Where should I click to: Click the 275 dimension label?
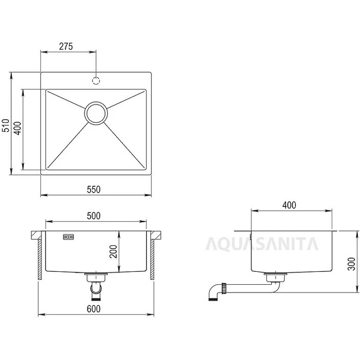coord(66,46)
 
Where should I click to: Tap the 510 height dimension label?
coord(5,125)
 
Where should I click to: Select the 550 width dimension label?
coord(94,190)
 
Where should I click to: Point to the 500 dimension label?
coord(94,216)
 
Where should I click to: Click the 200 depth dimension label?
coord(113,252)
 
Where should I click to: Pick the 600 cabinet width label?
coord(94,309)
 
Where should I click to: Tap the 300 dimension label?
coord(351,264)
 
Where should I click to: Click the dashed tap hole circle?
coord(96,81)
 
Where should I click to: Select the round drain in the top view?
coord(96,113)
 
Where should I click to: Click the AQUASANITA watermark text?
coord(262,244)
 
